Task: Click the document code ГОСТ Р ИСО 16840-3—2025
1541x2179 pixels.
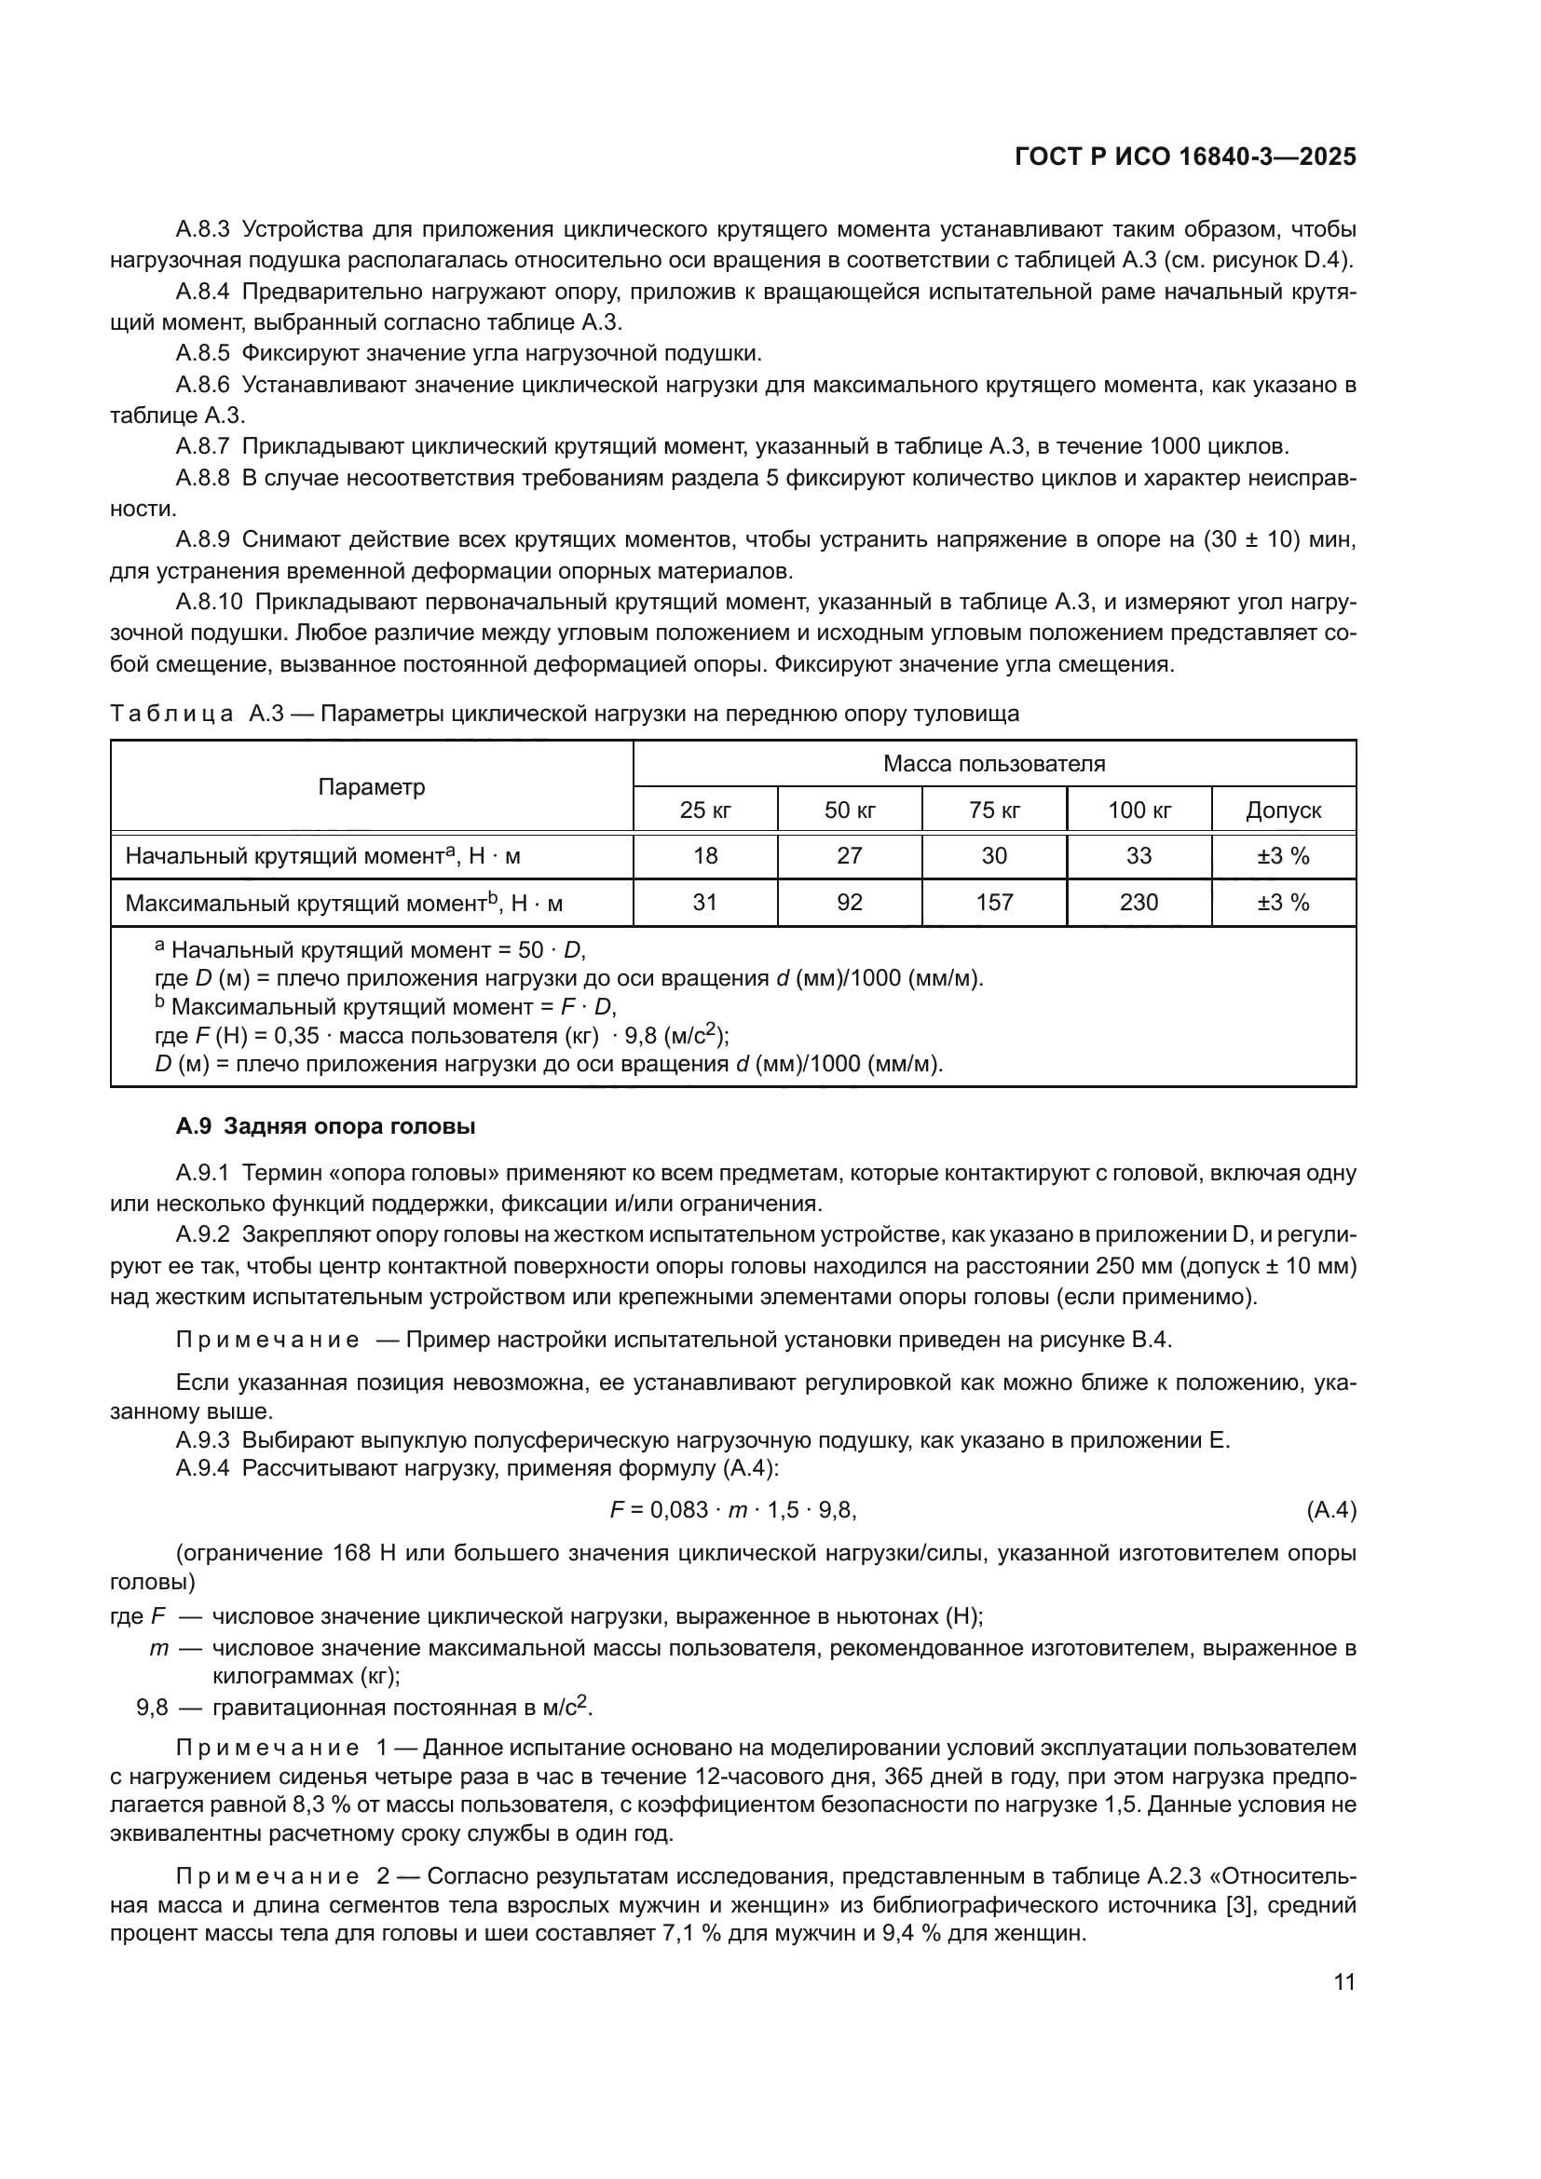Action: click(1185, 157)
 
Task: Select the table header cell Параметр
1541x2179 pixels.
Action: click(371, 787)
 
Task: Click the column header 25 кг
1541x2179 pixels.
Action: click(705, 810)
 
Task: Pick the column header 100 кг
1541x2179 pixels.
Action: click(1139, 810)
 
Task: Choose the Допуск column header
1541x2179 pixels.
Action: click(1283, 810)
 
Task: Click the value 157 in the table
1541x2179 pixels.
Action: click(994, 903)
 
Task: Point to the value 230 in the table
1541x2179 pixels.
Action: click(1139, 903)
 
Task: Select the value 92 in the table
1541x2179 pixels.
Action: click(850, 903)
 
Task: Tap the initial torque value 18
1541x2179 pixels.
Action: click(705, 856)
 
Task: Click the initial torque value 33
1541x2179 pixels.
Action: click(1139, 856)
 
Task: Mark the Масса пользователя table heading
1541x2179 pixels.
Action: click(993, 764)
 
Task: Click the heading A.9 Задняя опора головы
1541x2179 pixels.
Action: click(325, 1126)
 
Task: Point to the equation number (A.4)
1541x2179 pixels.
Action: click(1331, 1510)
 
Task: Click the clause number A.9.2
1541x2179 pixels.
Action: click(202, 1234)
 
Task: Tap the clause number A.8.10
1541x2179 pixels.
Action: click(209, 603)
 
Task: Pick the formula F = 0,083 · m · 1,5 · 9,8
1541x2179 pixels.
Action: click(733, 1510)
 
